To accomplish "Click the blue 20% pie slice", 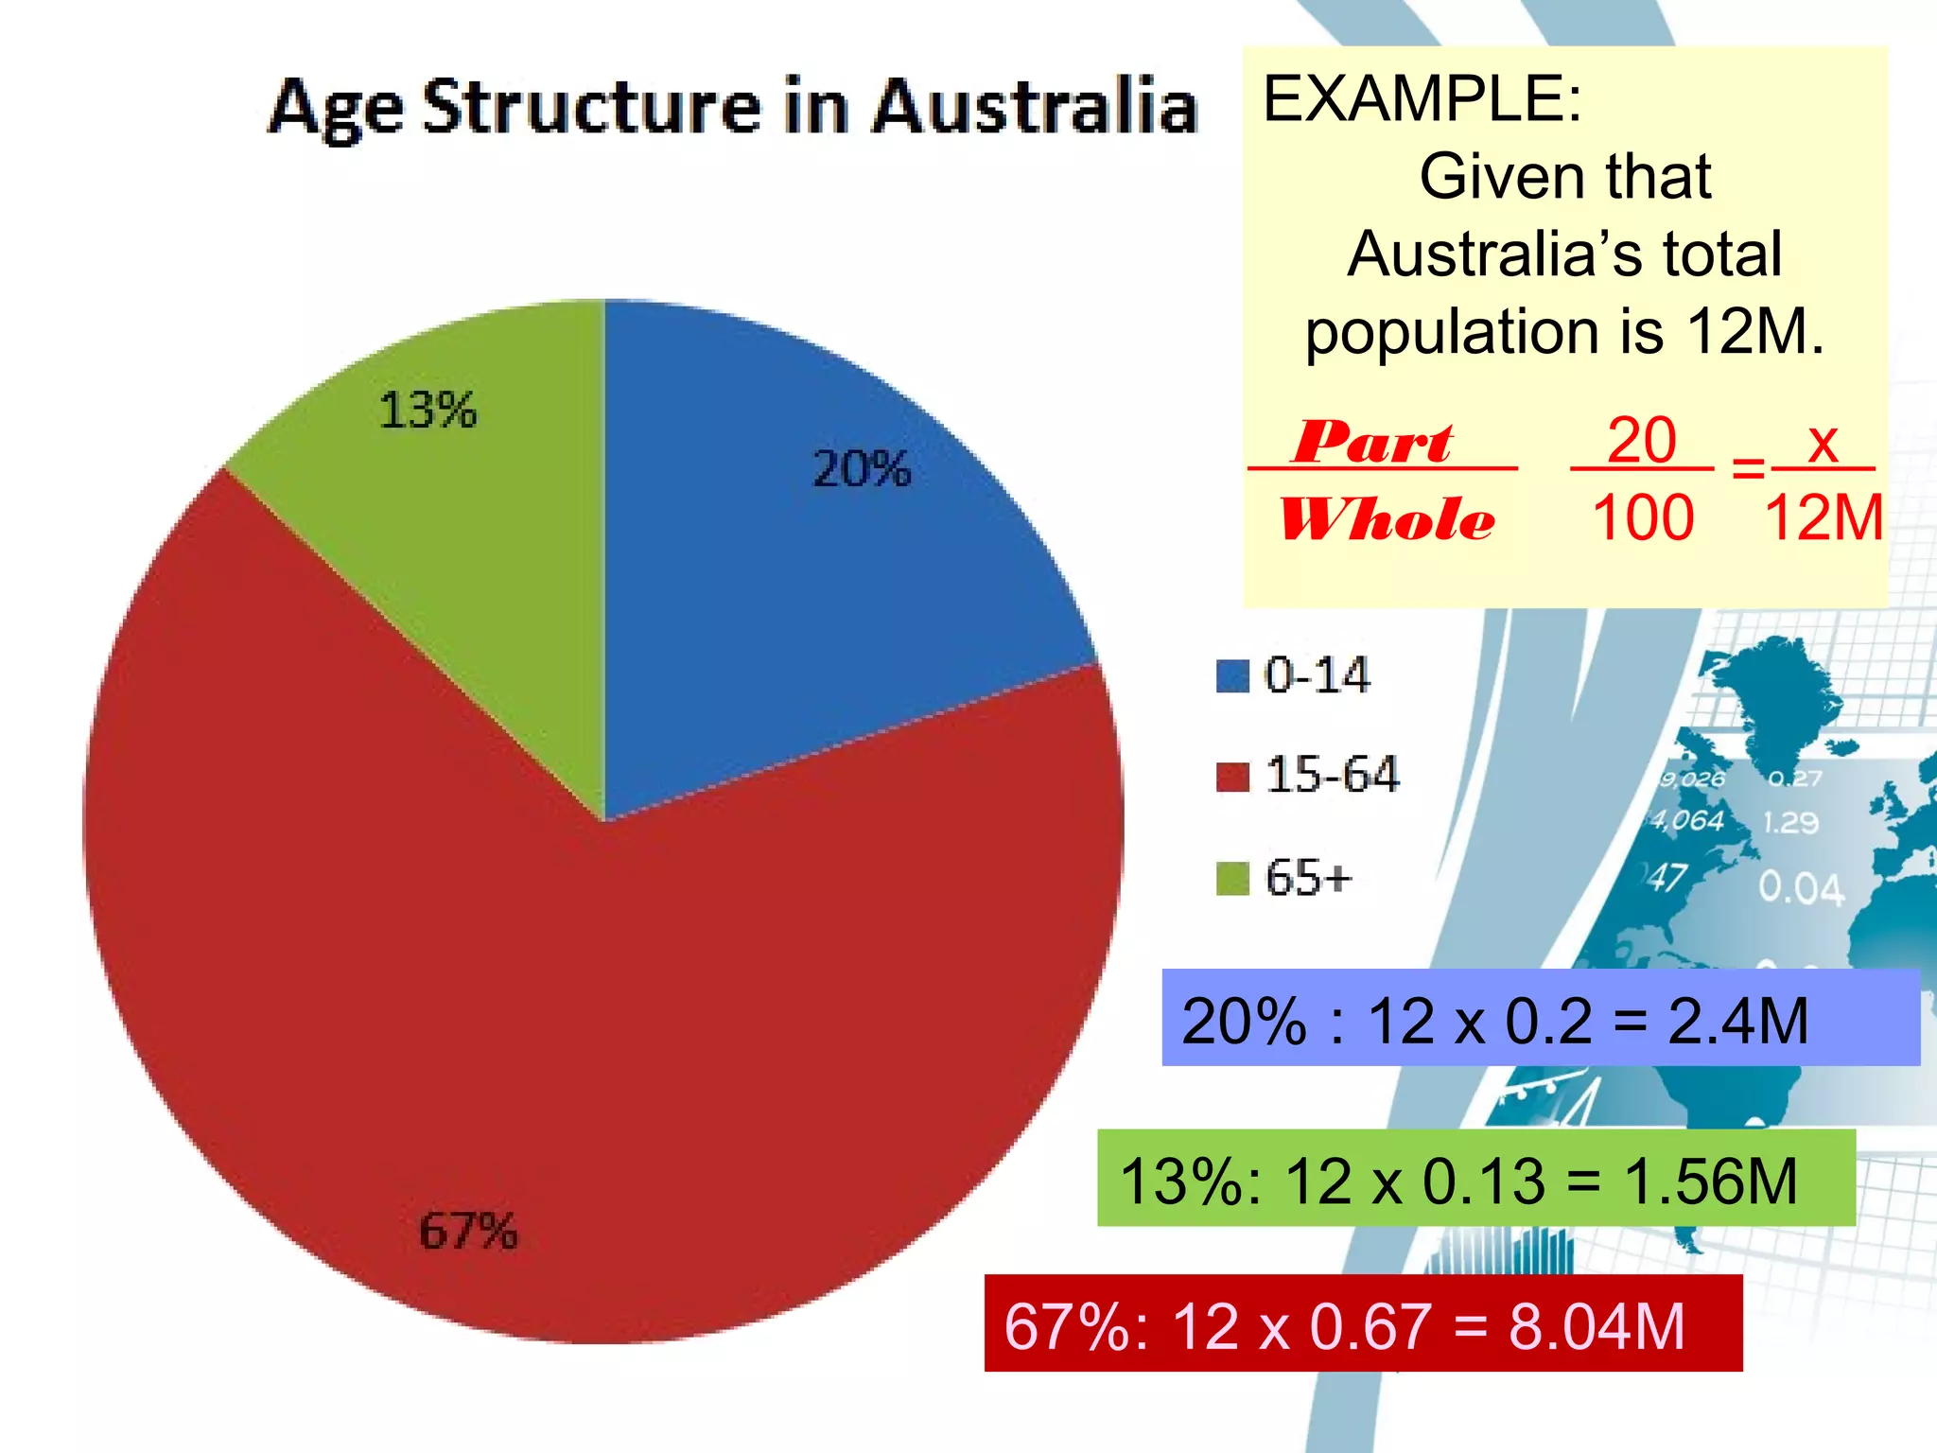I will click(x=804, y=568).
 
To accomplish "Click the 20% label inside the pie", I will click(x=862, y=469).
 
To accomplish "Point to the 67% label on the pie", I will click(x=468, y=1232).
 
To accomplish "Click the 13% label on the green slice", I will click(x=428, y=411).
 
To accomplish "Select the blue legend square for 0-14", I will click(x=1232, y=676).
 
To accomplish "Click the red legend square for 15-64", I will click(x=1232, y=776).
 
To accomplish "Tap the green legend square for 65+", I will click(x=1232, y=878).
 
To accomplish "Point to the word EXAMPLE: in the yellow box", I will click(x=1422, y=98).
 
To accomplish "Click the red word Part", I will click(x=1373, y=442).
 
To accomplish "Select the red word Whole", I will click(x=1387, y=519).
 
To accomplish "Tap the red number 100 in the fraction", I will click(x=1643, y=518).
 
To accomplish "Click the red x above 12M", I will click(x=1823, y=442).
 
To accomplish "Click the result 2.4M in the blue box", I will click(x=1737, y=1021).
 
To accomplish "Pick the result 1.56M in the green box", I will click(x=1710, y=1182).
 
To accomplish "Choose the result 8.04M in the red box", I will click(x=1597, y=1326).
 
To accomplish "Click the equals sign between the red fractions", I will click(x=1748, y=467).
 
